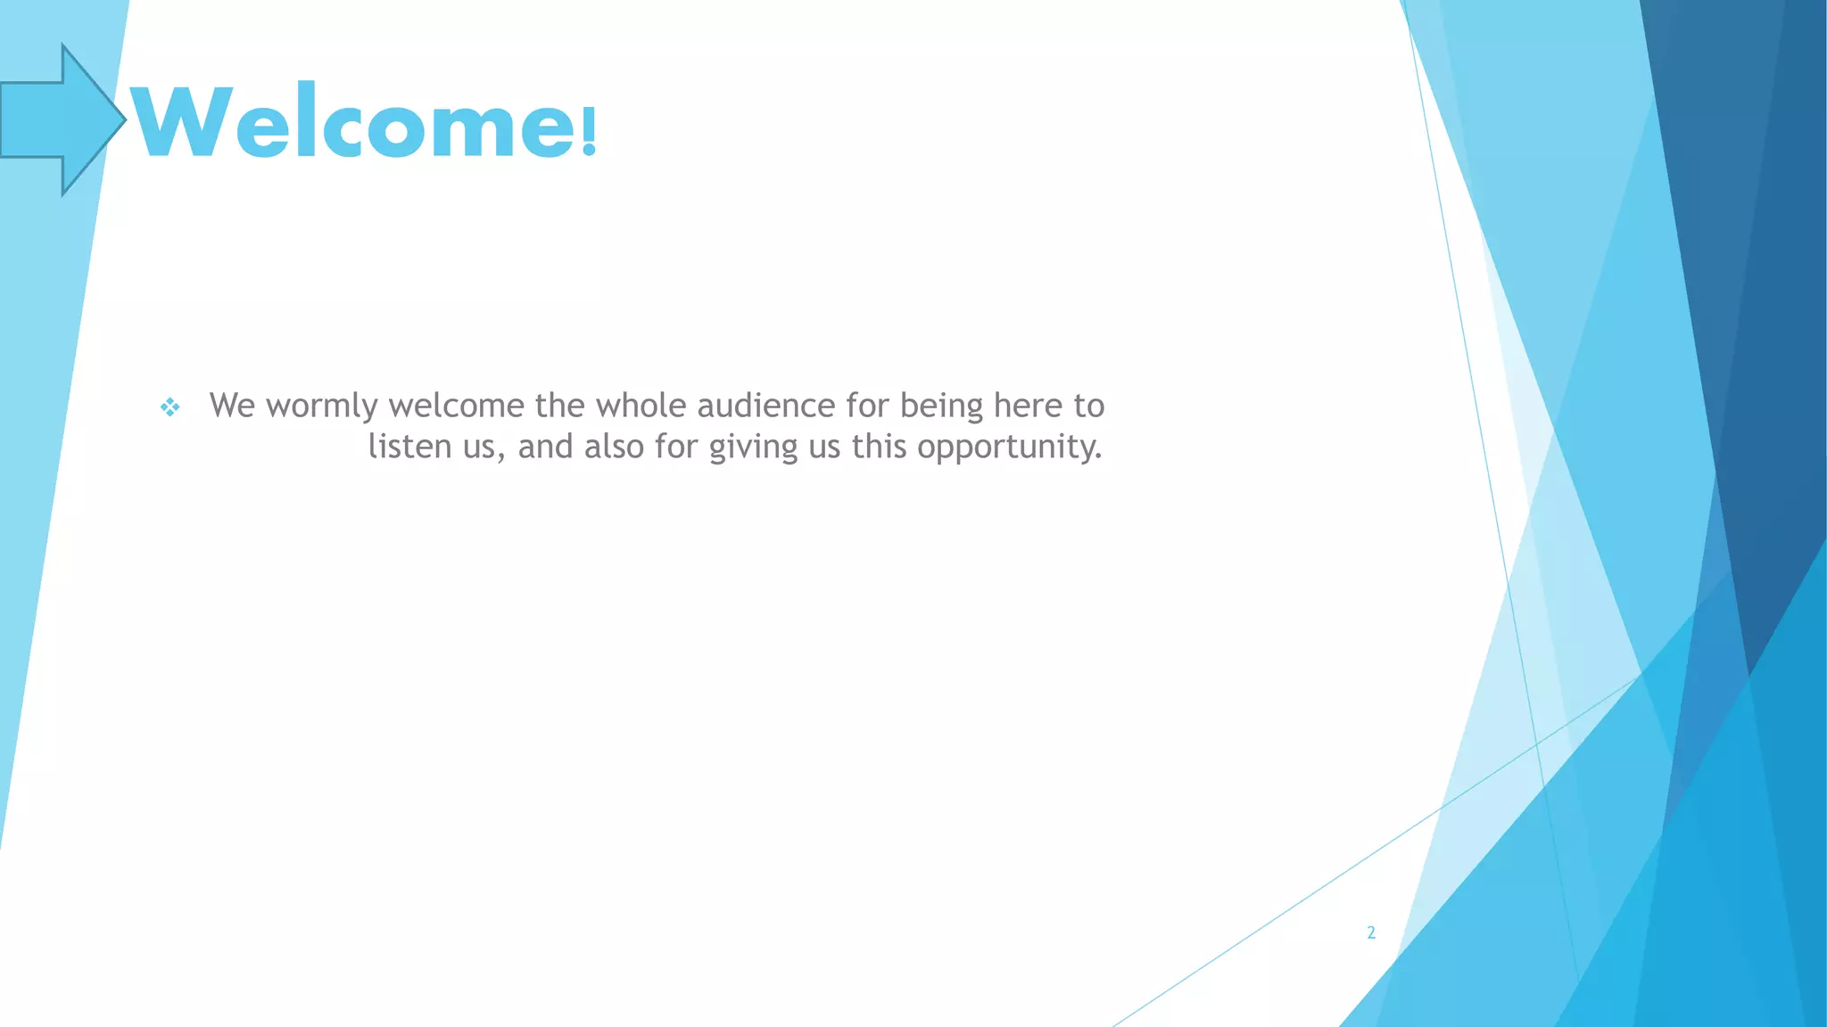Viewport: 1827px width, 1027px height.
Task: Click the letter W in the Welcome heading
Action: point(183,122)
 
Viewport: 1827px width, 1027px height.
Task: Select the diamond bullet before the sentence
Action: point(169,407)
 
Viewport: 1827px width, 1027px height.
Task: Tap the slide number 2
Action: point(1371,933)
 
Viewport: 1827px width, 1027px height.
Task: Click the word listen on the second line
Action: point(410,447)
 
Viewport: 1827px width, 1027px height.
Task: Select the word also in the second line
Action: point(614,447)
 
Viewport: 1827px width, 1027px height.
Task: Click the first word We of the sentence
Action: point(232,407)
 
